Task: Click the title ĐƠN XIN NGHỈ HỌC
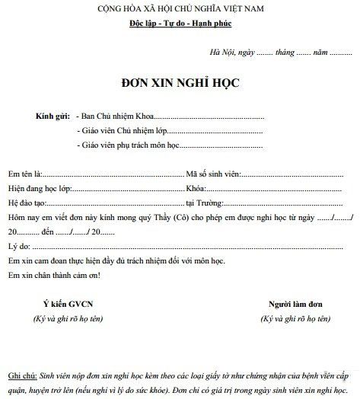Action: click(x=180, y=80)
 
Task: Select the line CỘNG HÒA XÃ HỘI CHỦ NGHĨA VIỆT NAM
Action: click(x=179, y=8)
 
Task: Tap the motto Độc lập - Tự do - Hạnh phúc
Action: click(x=179, y=24)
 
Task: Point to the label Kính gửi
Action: click(x=51, y=117)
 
